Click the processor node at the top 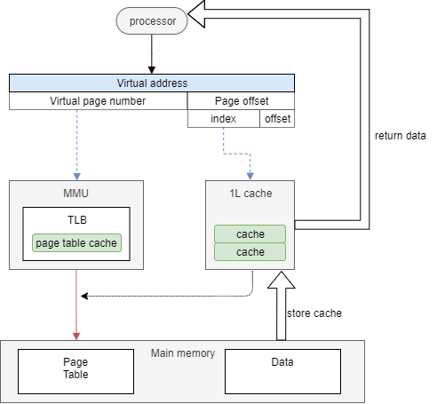(152, 20)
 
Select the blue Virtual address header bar (152, 83)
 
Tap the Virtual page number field (98, 100)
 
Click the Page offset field (241, 100)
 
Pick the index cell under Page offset (223, 118)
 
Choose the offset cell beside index (276, 118)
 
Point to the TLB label (75, 219)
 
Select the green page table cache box (75, 242)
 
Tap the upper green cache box (250, 234)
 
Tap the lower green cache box (250, 252)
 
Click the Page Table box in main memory (75, 368)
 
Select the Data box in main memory (282, 368)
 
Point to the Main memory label (183, 353)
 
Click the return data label (401, 136)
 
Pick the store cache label (315, 313)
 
